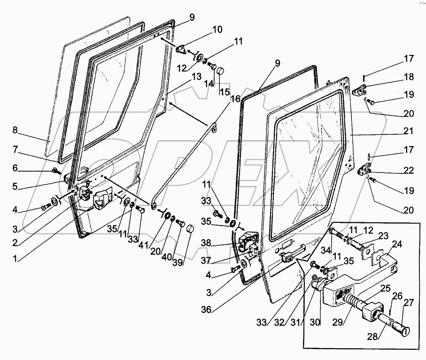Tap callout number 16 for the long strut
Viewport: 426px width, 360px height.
click(235, 99)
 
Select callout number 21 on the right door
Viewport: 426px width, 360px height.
click(408, 131)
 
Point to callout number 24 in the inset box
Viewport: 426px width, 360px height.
click(397, 244)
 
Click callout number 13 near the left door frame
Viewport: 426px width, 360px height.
click(196, 76)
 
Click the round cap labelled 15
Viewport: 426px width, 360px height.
click(220, 72)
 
